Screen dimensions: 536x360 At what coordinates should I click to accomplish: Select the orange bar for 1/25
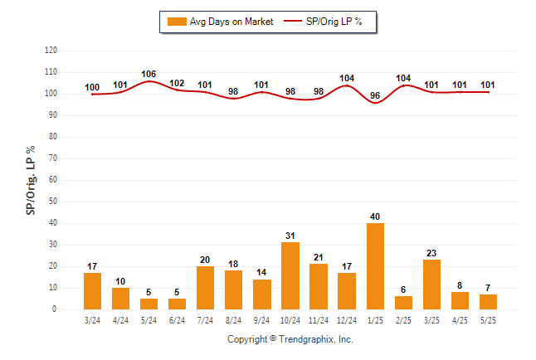click(375, 266)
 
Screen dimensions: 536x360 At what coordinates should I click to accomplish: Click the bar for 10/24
click(290, 276)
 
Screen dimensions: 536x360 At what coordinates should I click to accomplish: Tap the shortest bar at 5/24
click(149, 304)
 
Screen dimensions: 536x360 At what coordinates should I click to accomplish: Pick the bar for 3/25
click(431, 285)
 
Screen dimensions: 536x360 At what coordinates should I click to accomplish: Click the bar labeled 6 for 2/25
click(403, 303)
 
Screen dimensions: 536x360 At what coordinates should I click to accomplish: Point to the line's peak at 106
click(149, 81)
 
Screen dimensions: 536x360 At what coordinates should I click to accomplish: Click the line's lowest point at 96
click(375, 103)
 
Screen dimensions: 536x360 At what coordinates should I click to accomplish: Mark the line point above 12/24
click(347, 85)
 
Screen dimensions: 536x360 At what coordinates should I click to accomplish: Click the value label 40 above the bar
click(375, 216)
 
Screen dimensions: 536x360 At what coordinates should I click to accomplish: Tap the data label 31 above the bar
click(290, 236)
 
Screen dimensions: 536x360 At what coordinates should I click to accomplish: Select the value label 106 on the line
click(149, 74)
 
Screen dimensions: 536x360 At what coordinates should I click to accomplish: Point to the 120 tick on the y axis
click(51, 51)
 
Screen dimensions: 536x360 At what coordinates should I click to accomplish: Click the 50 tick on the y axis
click(53, 201)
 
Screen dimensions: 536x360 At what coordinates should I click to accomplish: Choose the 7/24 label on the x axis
click(205, 320)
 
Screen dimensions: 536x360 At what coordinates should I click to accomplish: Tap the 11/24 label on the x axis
click(319, 320)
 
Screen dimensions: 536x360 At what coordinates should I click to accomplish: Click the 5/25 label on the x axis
click(488, 320)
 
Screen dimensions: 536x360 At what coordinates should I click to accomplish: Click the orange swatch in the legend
click(177, 22)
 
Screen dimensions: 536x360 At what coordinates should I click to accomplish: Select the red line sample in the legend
click(293, 21)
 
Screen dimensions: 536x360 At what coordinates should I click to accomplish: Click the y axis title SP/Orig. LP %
click(31, 181)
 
